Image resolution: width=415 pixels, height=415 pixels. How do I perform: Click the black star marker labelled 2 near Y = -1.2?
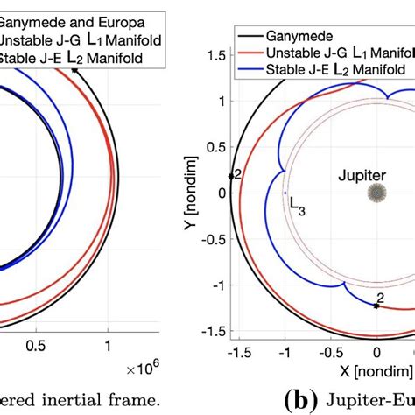click(376, 306)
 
